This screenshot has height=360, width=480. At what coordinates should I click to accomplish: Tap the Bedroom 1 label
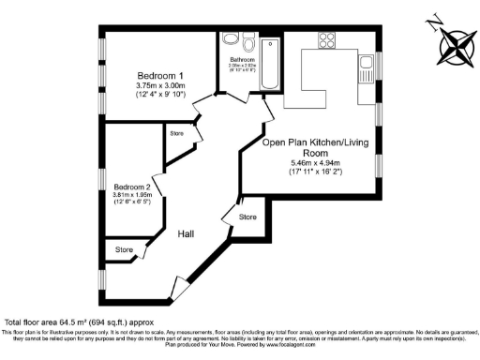pos(160,75)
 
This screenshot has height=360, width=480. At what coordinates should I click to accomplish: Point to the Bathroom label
pos(244,58)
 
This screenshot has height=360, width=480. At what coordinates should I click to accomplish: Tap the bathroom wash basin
pos(226,41)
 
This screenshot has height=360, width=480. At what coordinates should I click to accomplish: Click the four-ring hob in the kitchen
pos(328,40)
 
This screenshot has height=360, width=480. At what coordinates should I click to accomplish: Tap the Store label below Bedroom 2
pos(124,250)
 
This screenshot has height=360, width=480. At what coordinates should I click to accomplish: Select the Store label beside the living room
pos(247,217)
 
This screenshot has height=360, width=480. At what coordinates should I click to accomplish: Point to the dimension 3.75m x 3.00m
pos(160,86)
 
